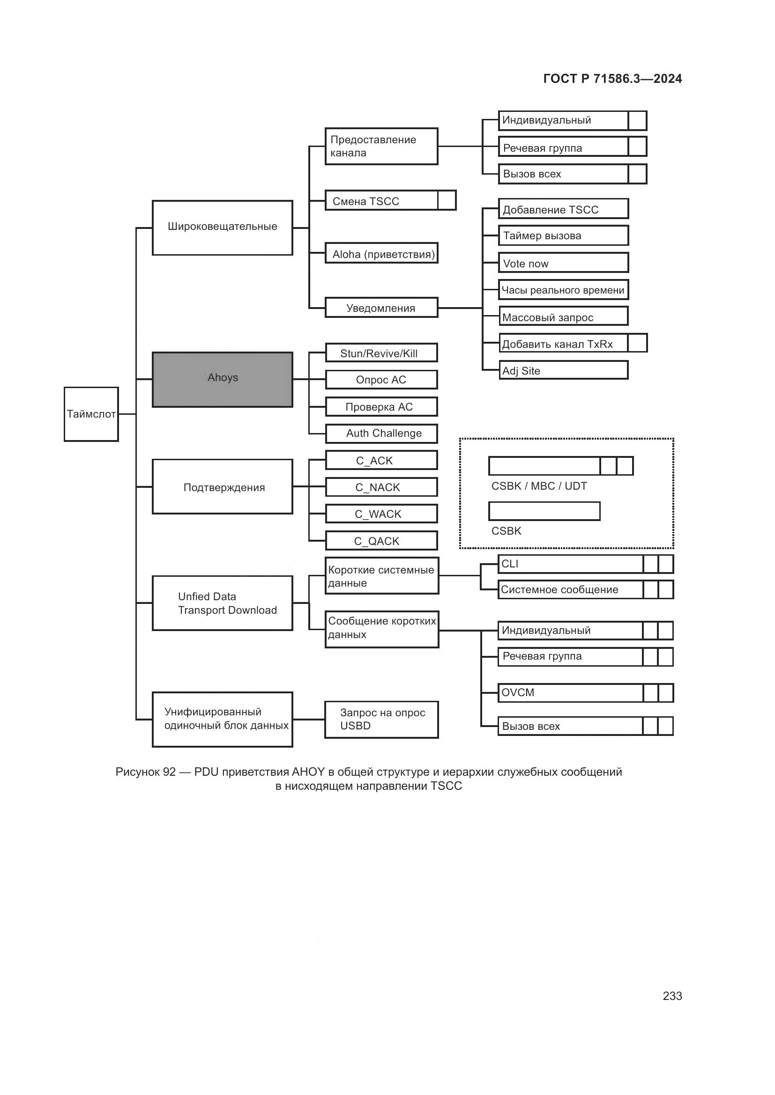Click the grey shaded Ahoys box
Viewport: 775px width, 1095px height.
click(223, 379)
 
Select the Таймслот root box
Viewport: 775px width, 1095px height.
click(91, 414)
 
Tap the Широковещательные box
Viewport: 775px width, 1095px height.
click(223, 228)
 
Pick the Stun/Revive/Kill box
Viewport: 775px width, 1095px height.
click(381, 353)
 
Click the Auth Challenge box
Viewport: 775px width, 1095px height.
click(381, 434)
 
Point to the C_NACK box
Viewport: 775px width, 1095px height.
click(381, 487)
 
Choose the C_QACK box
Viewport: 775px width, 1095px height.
click(381, 541)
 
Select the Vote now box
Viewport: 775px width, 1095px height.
click(563, 263)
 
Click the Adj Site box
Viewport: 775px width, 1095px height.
click(563, 370)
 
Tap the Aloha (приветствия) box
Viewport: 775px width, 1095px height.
click(381, 253)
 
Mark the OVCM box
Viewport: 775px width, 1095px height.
click(570, 692)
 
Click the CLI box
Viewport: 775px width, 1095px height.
click(570, 564)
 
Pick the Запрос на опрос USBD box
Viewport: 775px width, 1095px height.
click(381, 719)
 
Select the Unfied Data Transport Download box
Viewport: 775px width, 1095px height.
click(223, 603)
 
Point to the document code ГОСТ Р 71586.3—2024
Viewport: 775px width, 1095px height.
click(612, 79)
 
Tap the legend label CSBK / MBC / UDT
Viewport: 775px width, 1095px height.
click(539, 486)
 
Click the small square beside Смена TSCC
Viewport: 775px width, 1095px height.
click(447, 200)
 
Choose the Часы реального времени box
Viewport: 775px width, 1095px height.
click(563, 289)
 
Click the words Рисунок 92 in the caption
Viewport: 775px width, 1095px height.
click(146, 772)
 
